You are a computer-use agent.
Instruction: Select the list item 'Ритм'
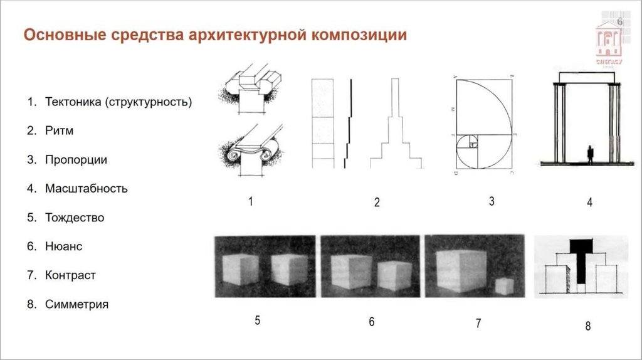pyautogui.click(x=60, y=131)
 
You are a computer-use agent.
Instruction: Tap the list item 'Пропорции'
pyautogui.click(x=76, y=160)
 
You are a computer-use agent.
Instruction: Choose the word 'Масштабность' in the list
pyautogui.click(x=87, y=188)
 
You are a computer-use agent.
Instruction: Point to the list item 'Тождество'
pyautogui.click(x=75, y=218)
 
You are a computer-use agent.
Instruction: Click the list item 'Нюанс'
pyautogui.click(x=63, y=246)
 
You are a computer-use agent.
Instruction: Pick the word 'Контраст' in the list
pyautogui.click(x=70, y=275)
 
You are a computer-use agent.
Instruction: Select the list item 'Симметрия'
pyautogui.click(x=76, y=304)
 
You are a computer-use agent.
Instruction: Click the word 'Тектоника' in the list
pyautogui.click(x=72, y=102)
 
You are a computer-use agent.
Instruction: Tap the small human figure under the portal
pyautogui.click(x=590, y=154)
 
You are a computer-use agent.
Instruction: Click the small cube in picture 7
pyautogui.click(x=503, y=285)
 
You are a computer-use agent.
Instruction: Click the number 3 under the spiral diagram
pyautogui.click(x=492, y=201)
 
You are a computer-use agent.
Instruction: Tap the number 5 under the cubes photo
pyautogui.click(x=257, y=320)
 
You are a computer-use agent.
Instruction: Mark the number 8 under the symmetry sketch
pyautogui.click(x=587, y=326)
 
